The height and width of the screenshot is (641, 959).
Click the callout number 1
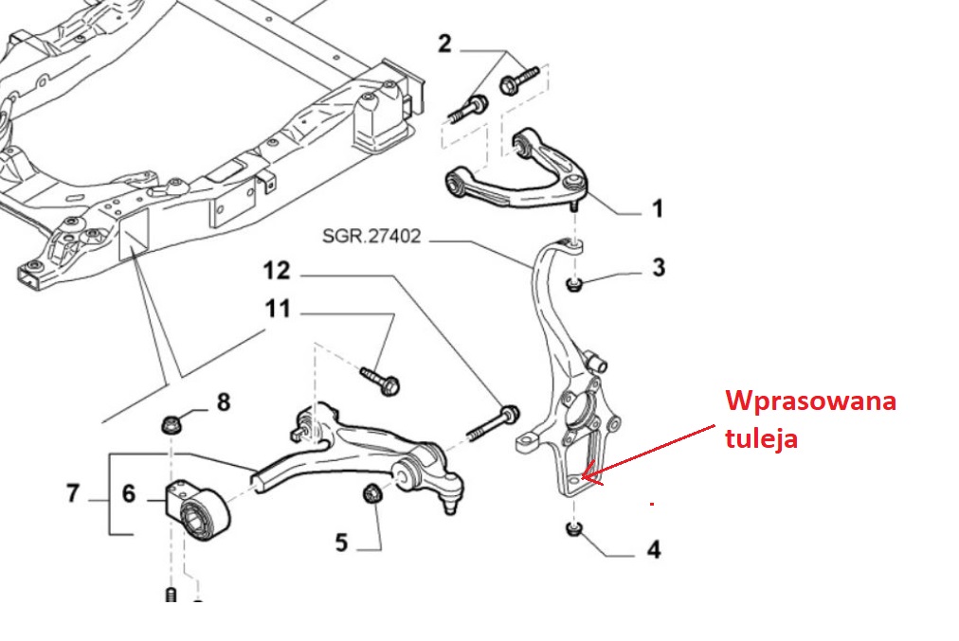[x=657, y=208]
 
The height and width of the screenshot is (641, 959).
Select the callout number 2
[x=445, y=44]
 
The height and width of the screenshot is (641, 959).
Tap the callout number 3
[x=658, y=268]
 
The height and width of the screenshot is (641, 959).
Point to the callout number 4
[x=653, y=548]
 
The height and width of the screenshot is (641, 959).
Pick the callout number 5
[x=341, y=543]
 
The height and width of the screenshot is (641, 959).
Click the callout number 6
[x=128, y=493]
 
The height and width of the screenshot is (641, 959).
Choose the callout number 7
[x=74, y=493]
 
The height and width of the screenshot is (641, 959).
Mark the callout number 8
[x=223, y=402]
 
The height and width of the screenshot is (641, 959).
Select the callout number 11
[x=278, y=311]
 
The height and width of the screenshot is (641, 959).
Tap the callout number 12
[x=277, y=273]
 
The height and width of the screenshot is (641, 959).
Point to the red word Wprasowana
[x=811, y=401]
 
